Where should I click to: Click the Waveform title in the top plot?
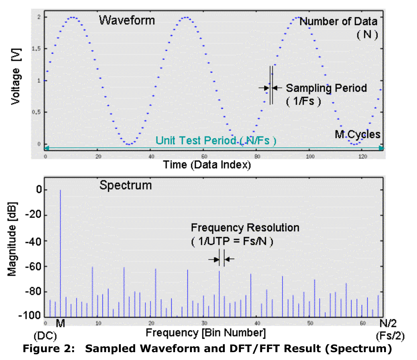tap(127, 20)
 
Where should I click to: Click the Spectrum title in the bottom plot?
tap(125, 185)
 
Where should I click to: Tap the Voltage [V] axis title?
tap(16, 80)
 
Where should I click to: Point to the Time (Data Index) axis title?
tap(207, 164)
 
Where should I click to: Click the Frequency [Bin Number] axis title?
tap(206, 332)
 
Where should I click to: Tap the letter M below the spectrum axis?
tap(60, 323)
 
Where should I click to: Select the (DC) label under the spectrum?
tap(45, 336)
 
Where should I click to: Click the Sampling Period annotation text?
tap(326, 88)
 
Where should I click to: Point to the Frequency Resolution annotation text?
tap(245, 228)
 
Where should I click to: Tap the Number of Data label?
tap(338, 21)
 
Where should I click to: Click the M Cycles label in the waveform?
tap(357, 134)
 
